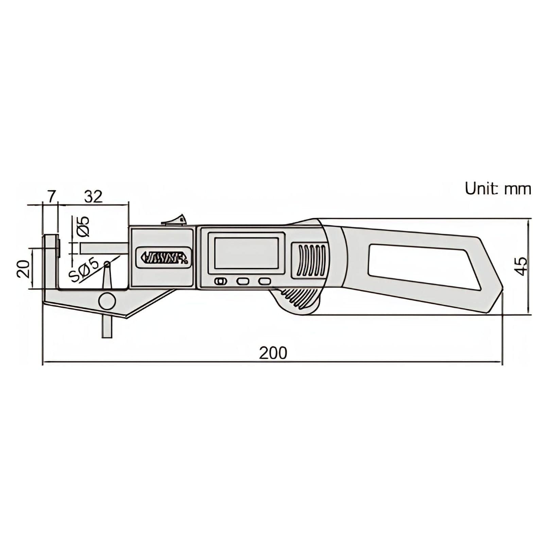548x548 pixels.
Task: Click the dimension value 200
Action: pos(273,353)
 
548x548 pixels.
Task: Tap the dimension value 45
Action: pos(521,266)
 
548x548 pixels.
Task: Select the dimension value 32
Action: pos(93,196)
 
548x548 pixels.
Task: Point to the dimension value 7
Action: pos(51,196)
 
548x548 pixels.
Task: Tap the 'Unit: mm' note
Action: pos(498,189)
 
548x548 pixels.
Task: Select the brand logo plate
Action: pos(164,257)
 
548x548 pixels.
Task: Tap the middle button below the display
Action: pos(243,281)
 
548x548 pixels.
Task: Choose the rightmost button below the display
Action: pos(264,281)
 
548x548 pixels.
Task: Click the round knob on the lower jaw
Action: pos(107,301)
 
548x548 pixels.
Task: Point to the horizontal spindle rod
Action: pos(104,248)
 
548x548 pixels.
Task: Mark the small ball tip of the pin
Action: pos(107,264)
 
